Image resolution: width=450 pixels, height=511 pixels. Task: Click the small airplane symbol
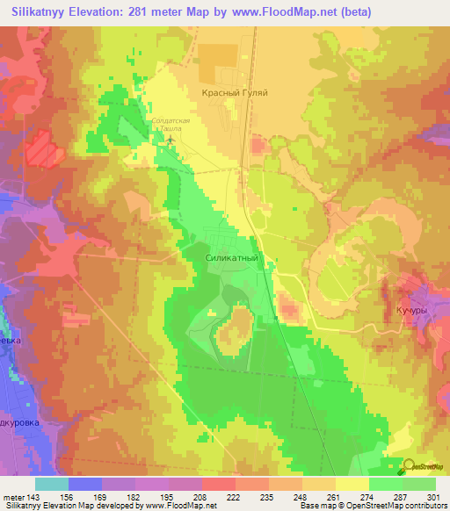point(171,138)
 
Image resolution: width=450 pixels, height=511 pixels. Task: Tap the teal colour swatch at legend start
point(52,484)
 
